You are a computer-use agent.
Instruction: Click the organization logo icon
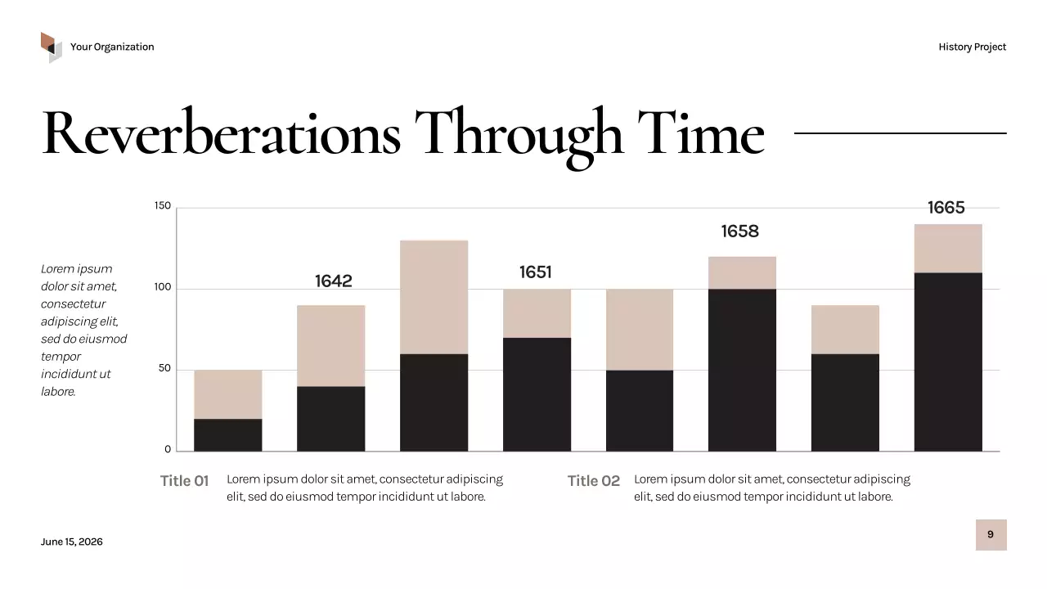(x=52, y=47)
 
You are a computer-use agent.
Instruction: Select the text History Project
(x=972, y=47)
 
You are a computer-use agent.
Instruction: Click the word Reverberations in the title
(x=221, y=133)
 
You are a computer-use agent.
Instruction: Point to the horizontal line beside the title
(x=900, y=133)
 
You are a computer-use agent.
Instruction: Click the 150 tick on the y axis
(x=163, y=206)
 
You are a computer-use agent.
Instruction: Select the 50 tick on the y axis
(x=165, y=369)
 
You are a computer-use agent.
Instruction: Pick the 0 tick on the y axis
(x=168, y=449)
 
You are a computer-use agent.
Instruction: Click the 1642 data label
(x=334, y=281)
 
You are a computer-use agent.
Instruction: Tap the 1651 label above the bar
(x=536, y=272)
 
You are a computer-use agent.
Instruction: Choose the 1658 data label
(x=739, y=232)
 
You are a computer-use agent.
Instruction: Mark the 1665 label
(x=946, y=208)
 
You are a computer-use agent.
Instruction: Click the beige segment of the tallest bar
(x=948, y=249)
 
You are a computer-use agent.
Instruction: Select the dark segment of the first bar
(x=228, y=435)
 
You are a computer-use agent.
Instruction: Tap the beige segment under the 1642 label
(x=330, y=346)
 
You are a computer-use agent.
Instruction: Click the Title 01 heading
(x=184, y=481)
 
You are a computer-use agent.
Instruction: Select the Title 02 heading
(x=594, y=481)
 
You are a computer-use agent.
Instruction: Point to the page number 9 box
(x=991, y=535)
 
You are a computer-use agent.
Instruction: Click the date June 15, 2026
(x=72, y=542)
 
